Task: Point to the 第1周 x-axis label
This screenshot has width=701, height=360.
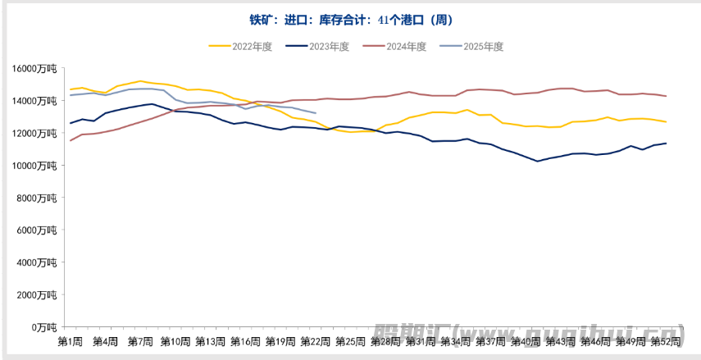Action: [71, 341]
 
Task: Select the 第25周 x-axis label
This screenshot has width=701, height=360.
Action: [350, 341]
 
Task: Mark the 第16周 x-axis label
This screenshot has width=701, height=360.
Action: [245, 341]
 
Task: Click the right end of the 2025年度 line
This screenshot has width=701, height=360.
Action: [316, 113]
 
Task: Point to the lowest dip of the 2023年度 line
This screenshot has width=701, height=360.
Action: [538, 161]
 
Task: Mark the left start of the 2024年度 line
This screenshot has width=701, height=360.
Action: [71, 140]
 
